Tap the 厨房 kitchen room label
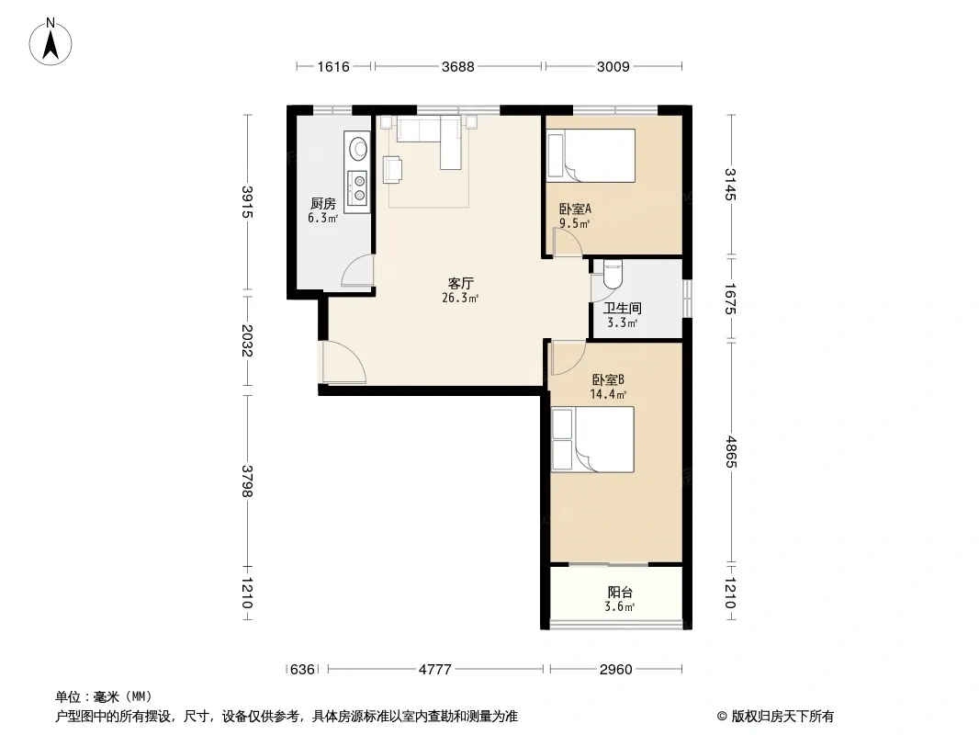tap(322, 204)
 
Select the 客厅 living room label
tap(460, 284)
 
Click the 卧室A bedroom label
tap(575, 209)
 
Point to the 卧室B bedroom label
tap(607, 379)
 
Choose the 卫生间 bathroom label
tap(623, 308)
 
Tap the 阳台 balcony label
tap(620, 592)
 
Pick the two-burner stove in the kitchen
tap(358, 188)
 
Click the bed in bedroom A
tap(591, 155)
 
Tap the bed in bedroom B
tap(592, 440)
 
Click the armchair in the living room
tap(393, 170)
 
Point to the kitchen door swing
tap(356, 271)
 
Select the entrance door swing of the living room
tap(343, 362)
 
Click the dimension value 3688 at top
tap(457, 66)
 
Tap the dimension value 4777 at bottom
tap(435, 670)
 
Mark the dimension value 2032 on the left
tap(247, 340)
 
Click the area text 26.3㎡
tap(460, 298)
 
